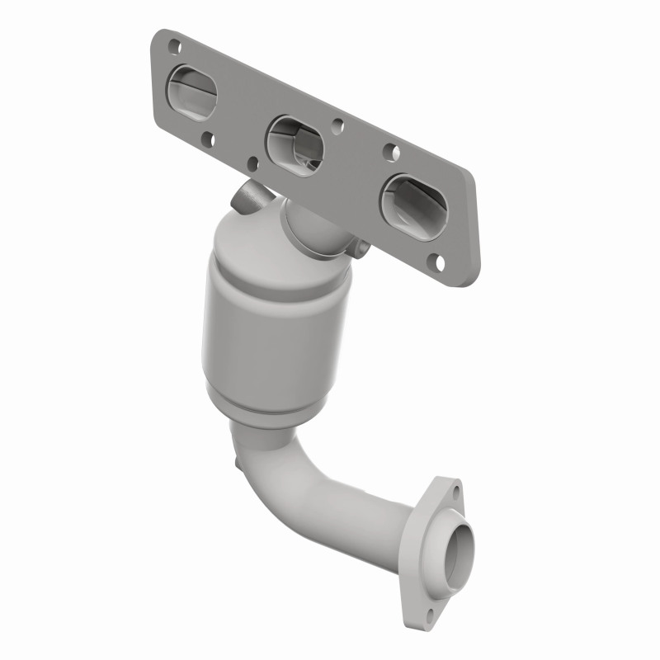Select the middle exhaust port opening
(295, 144)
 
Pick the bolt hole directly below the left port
(206, 141)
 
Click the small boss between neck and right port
(361, 245)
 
